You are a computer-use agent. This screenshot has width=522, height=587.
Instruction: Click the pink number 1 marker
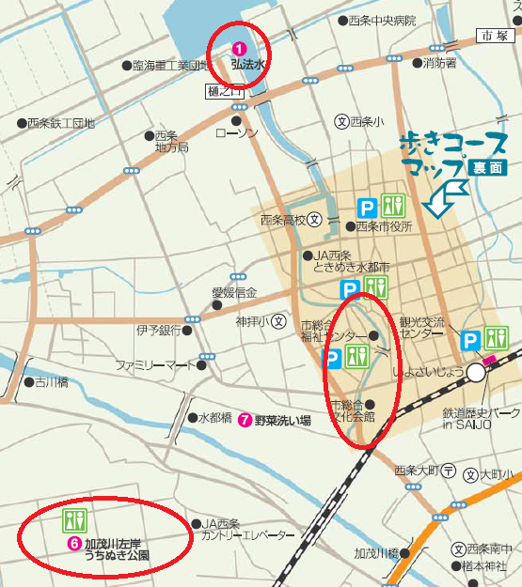[239, 48]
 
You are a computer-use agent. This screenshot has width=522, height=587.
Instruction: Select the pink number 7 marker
[245, 420]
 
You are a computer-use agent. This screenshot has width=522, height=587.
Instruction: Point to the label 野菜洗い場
[282, 421]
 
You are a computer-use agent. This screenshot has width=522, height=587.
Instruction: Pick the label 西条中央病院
[381, 20]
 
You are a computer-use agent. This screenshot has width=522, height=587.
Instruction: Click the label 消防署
[439, 64]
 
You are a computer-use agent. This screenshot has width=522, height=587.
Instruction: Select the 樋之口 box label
[223, 92]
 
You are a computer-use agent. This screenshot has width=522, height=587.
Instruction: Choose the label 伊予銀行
[158, 331]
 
